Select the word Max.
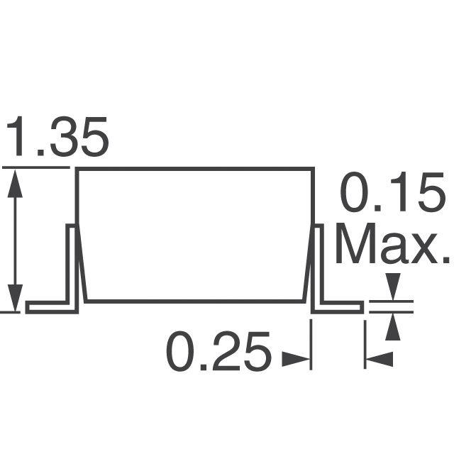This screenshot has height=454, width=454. pos(392,245)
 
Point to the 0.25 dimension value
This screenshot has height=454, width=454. pos(218,352)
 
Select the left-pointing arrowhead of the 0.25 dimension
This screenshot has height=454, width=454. pos(379,360)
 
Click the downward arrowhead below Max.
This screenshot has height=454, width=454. pos(392,287)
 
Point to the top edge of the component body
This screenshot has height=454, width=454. pos(194,169)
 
